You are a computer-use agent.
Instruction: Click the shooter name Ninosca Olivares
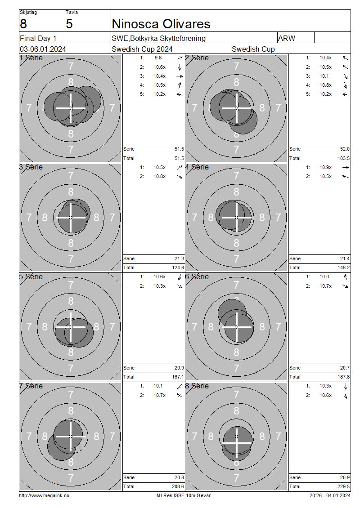point(161,24)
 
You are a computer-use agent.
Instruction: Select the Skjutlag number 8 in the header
point(23,24)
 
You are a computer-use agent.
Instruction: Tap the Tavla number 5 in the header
point(69,24)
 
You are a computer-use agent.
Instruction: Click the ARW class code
point(287,38)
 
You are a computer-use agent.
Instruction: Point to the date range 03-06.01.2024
point(43,49)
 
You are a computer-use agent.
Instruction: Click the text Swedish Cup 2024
point(142,49)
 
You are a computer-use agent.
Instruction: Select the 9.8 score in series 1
point(158,58)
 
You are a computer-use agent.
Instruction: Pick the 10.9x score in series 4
point(326,168)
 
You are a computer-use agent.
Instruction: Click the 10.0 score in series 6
point(324,276)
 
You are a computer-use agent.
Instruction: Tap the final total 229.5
point(344,486)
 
